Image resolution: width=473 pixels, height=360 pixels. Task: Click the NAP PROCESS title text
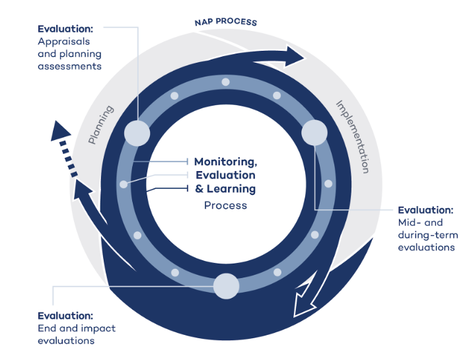226,22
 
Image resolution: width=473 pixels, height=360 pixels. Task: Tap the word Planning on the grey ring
101,125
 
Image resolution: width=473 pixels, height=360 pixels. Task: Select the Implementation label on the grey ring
353,137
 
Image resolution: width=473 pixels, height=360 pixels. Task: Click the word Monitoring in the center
226,162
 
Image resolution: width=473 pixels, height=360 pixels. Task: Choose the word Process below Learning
225,205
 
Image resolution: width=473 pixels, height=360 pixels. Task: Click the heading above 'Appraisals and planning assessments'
65,29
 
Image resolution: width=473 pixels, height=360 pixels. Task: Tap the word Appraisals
63,42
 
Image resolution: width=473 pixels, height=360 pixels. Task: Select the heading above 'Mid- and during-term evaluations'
425,210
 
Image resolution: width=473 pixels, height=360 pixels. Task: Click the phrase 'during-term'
428,235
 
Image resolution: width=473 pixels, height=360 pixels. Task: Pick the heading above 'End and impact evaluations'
65,316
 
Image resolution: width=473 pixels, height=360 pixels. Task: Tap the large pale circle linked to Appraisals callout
137,133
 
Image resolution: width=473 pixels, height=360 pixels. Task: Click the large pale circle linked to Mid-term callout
314,133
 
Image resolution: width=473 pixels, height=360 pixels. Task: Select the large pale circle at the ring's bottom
226,286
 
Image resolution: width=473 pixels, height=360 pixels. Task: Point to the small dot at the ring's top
226,82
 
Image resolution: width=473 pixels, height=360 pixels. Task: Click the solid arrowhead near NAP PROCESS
294,56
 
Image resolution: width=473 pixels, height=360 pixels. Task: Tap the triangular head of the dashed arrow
60,131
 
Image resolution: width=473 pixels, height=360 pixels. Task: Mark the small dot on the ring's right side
328,184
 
